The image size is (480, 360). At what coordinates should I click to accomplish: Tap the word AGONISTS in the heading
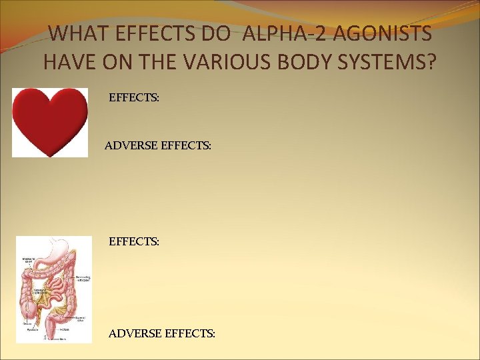(387, 33)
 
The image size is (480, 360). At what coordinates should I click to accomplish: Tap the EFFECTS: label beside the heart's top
(134, 97)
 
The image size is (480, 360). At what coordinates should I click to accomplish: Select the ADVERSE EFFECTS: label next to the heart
(158, 144)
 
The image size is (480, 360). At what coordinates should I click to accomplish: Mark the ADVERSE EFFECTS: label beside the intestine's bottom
(162, 331)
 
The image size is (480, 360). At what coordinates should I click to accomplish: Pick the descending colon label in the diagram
(83, 278)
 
